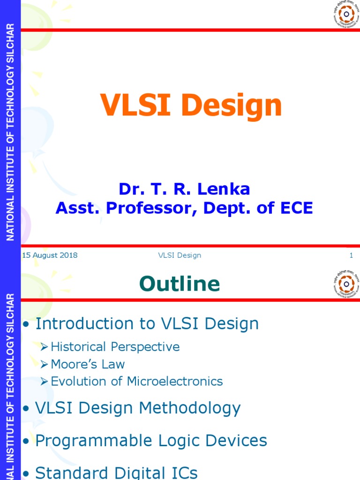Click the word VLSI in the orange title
click(137, 106)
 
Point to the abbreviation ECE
click(295, 208)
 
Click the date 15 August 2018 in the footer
click(50, 255)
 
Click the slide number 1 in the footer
click(351, 255)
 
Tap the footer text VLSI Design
click(180, 255)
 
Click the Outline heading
click(180, 284)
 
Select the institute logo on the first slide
click(347, 14)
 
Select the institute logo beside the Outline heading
click(347, 283)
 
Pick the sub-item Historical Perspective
click(115, 347)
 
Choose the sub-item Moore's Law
click(88, 364)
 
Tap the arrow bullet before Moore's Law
click(44, 365)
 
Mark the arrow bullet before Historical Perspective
click(44, 347)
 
